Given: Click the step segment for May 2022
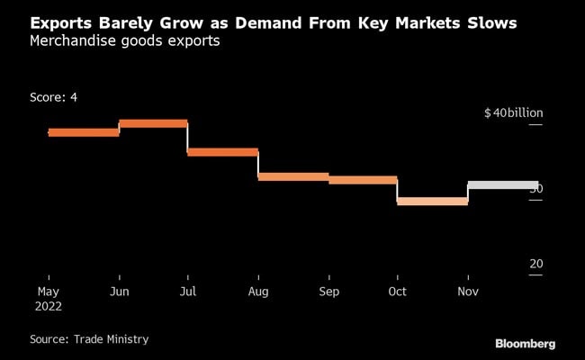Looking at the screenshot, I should (84, 132).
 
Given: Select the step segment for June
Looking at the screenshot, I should (153, 123).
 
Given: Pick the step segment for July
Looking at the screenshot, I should (222, 152).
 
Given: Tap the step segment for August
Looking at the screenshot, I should (293, 176).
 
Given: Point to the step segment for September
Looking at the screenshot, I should (363, 180).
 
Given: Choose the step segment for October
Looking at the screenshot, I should (432, 201).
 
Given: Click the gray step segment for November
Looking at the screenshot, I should (503, 185).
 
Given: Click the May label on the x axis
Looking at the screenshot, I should (49, 292).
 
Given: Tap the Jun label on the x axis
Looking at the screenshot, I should (119, 292).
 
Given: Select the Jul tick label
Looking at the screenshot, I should (187, 292).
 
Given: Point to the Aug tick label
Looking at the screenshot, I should (258, 292).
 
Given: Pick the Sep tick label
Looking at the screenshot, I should (328, 292).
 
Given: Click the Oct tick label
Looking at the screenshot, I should (397, 292).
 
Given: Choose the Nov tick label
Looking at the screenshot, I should (468, 292).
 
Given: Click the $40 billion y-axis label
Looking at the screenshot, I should (513, 113).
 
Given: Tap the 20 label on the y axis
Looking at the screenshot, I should (535, 264).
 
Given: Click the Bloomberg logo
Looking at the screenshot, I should (525, 343).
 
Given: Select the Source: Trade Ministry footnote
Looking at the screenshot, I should (89, 339).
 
